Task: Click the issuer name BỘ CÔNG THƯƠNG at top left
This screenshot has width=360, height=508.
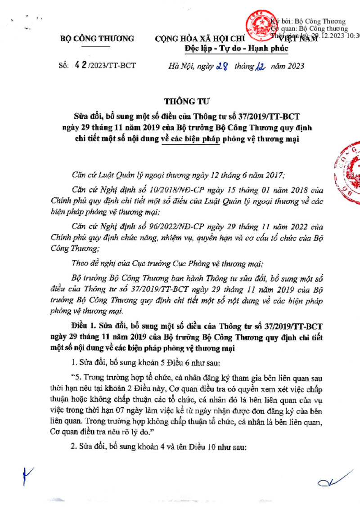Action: point(97,39)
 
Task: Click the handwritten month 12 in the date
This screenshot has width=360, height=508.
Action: point(261,67)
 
